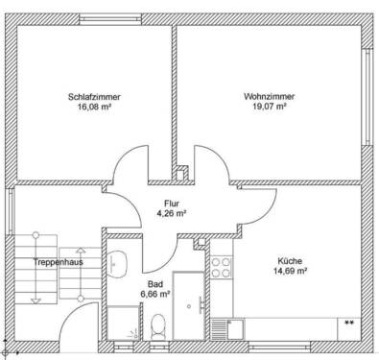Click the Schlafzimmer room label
[94, 97]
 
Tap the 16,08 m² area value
[94, 108]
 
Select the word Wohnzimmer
[269, 97]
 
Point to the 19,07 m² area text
[269, 108]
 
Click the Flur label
[172, 204]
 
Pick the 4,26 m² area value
[172, 214]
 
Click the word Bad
[154, 284]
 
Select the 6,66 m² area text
[154, 294]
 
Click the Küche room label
[290, 261]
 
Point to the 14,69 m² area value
[290, 272]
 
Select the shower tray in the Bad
[122, 324]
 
